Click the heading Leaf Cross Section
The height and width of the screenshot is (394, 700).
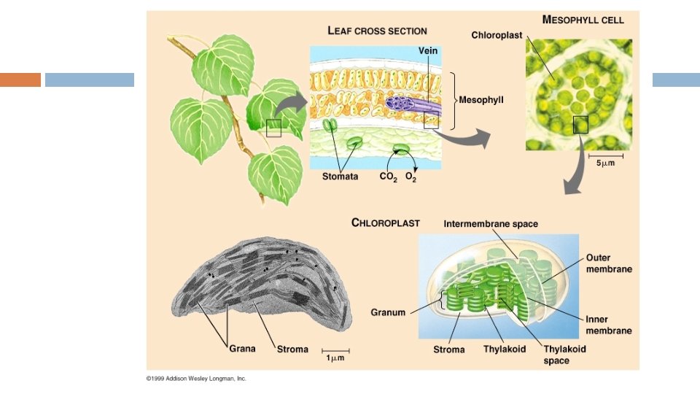click(x=377, y=31)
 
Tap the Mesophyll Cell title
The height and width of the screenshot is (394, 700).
click(x=583, y=20)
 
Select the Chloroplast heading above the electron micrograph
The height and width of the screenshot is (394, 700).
click(x=385, y=223)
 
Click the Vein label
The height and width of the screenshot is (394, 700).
click(x=427, y=50)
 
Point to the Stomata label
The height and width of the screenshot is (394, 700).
click(x=340, y=177)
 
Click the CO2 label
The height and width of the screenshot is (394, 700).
click(x=387, y=177)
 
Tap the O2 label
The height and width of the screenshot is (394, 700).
click(x=411, y=177)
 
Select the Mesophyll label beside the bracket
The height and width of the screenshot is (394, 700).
click(x=481, y=99)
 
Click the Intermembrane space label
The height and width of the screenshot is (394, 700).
click(x=491, y=224)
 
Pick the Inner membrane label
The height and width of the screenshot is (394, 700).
click(x=609, y=325)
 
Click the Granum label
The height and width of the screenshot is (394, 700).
click(x=388, y=312)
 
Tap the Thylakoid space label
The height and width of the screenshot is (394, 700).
click(x=564, y=355)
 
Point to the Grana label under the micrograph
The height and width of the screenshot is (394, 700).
click(x=242, y=349)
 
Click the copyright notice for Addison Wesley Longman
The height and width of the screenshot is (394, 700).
click(x=196, y=379)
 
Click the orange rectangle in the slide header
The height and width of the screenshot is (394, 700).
click(x=20, y=80)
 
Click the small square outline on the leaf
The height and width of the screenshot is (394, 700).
click(x=273, y=128)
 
